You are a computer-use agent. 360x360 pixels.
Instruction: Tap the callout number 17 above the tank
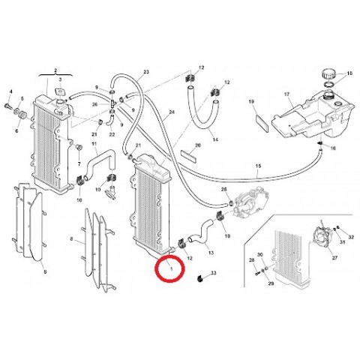pyautogui.click(x=286, y=94)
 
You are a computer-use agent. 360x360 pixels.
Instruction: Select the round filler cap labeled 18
pyautogui.click(x=327, y=74)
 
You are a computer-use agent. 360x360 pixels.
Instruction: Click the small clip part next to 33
pyautogui.click(x=199, y=277)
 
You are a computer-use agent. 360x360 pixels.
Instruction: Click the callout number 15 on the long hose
pyautogui.click(x=257, y=165)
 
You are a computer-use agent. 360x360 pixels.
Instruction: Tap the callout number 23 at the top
pyautogui.click(x=147, y=72)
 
